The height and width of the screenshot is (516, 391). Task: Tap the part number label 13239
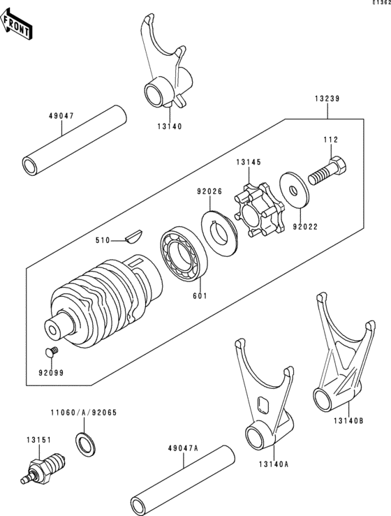[327, 98]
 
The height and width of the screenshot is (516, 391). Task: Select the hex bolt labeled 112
[327, 172]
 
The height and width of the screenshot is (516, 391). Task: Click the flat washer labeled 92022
[294, 189]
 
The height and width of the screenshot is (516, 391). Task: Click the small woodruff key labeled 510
[133, 235]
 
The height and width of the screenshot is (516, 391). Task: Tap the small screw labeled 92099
[51, 352]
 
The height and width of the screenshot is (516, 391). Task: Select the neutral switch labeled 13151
[43, 469]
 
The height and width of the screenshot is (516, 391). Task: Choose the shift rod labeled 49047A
[182, 481]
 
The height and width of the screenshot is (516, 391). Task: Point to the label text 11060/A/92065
[84, 413]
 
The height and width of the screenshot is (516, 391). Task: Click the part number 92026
[209, 191]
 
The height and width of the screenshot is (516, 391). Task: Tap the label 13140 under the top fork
[169, 126]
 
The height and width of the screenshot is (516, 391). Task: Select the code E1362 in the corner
[381, 2]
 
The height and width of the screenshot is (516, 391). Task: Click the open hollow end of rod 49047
[31, 165]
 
